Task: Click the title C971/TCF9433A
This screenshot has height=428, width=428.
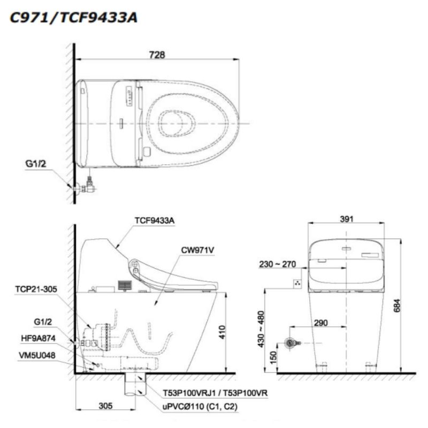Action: point(73,18)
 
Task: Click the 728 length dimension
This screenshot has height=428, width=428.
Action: point(157,55)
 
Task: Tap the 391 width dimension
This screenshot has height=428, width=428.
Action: point(346,219)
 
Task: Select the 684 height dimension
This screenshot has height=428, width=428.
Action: point(397,305)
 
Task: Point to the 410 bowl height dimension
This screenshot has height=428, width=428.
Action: point(223,332)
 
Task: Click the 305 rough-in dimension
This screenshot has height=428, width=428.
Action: point(105,406)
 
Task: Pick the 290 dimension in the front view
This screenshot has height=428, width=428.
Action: point(320,323)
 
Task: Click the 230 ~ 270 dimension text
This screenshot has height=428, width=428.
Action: point(277,264)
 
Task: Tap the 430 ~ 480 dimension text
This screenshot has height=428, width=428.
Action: point(261,329)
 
